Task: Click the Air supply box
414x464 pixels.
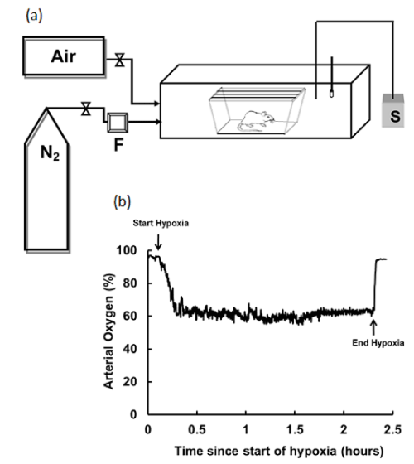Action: coord(64,56)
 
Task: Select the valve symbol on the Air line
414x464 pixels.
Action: coord(119,60)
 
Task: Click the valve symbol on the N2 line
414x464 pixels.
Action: coord(86,109)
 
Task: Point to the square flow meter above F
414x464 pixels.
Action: coord(118,123)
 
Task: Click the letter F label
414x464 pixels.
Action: coord(118,145)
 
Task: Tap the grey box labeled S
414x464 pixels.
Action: coord(393,110)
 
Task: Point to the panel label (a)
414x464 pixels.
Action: coord(34,16)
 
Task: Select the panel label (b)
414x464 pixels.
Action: coord(123,202)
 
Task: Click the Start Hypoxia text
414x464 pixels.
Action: coord(161,223)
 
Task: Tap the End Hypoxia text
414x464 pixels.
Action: coord(378,343)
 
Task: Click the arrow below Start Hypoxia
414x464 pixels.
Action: coord(159,242)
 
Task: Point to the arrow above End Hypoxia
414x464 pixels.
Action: coord(373,327)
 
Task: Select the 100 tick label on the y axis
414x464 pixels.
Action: coord(127,250)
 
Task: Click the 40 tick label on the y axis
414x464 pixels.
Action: coord(130,349)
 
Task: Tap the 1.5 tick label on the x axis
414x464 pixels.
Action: coord(295,429)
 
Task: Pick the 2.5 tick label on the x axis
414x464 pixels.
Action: coord(392,429)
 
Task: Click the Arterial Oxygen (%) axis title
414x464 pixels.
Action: coord(108,331)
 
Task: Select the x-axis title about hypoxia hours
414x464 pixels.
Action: coord(279,452)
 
